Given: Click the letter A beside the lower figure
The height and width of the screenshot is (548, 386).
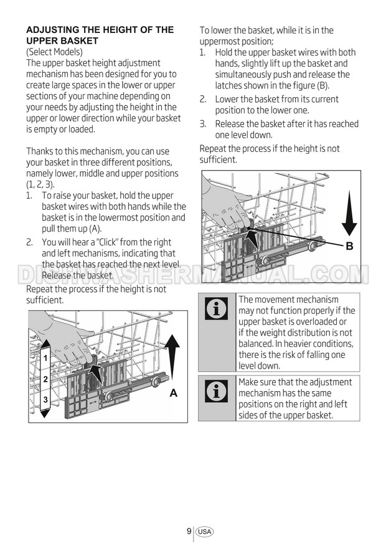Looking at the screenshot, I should coord(174,393).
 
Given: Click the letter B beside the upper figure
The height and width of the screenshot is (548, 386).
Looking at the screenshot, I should coord(349,246).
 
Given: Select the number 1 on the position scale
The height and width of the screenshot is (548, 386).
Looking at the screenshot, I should coord(45,358).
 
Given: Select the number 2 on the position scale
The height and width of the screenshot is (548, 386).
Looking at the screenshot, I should coord(45,379).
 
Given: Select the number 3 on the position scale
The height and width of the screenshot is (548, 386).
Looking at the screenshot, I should coord(45,399).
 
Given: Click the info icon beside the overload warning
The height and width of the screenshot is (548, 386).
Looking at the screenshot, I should coord(216,309).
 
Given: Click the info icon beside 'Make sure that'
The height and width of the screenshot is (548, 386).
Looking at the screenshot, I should coord(216,392).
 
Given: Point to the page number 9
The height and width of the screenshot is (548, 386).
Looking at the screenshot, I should coord(189,531).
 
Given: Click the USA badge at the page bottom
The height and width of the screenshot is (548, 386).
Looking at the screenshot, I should coord(204,532).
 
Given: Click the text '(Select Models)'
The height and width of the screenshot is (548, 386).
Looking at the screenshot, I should coord(54,52).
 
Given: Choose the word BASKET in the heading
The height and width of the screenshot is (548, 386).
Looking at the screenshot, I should coord(82,41).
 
